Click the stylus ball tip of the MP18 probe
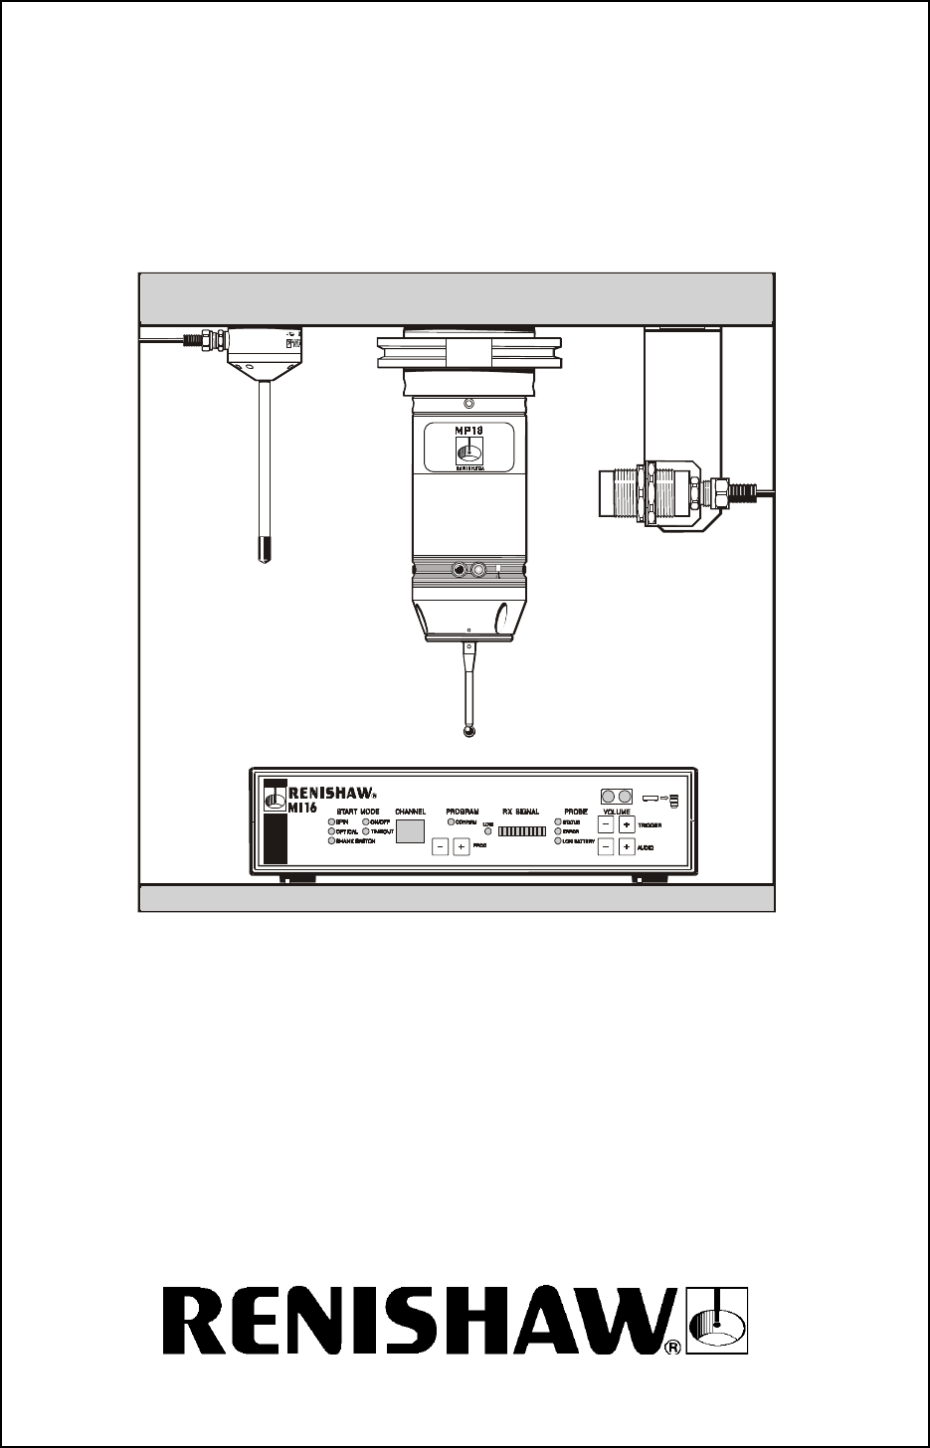tap(468, 732)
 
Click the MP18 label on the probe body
tap(468, 431)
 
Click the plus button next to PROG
tap(462, 846)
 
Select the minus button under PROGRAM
tap(440, 846)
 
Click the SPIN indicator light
tap(331, 822)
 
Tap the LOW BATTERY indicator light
tap(558, 841)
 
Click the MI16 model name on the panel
tap(302, 809)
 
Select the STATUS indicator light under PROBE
tap(558, 822)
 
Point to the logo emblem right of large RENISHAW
tap(718, 1320)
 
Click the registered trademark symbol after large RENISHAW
tap(672, 1348)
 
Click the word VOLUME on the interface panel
tap(617, 812)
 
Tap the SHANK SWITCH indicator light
tap(331, 841)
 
